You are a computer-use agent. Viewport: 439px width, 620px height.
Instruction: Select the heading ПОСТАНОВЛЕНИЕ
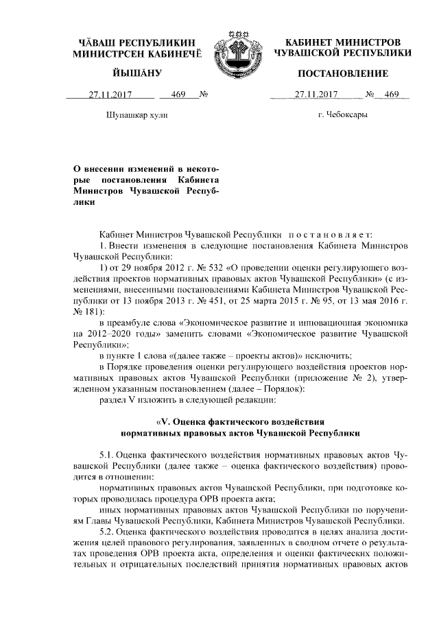(342, 73)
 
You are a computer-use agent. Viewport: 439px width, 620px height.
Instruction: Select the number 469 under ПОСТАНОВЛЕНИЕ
(392, 95)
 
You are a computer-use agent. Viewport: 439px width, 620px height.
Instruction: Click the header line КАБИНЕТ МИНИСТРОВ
(342, 42)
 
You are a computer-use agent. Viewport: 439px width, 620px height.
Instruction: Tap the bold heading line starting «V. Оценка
(239, 421)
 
